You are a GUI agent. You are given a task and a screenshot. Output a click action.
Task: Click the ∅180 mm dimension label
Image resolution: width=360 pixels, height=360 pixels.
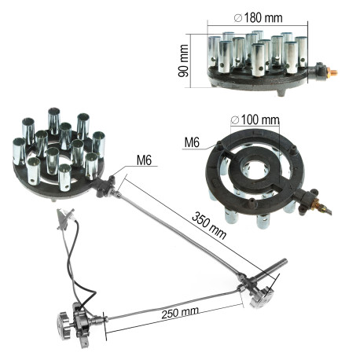258,18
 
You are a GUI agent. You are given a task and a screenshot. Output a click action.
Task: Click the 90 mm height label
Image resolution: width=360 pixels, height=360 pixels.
183,61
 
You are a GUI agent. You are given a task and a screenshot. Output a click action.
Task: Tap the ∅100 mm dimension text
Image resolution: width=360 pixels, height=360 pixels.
255,119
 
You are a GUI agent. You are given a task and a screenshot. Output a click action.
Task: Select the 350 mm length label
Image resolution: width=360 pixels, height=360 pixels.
209,226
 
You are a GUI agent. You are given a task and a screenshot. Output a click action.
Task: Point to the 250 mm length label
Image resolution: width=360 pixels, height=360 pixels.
180,313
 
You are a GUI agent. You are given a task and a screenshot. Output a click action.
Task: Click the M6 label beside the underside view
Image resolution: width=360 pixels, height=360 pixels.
192,142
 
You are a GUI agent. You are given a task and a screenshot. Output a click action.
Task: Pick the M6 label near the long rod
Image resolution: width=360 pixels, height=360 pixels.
144,160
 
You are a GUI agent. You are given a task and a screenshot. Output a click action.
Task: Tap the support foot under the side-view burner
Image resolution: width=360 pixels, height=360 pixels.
281,93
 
